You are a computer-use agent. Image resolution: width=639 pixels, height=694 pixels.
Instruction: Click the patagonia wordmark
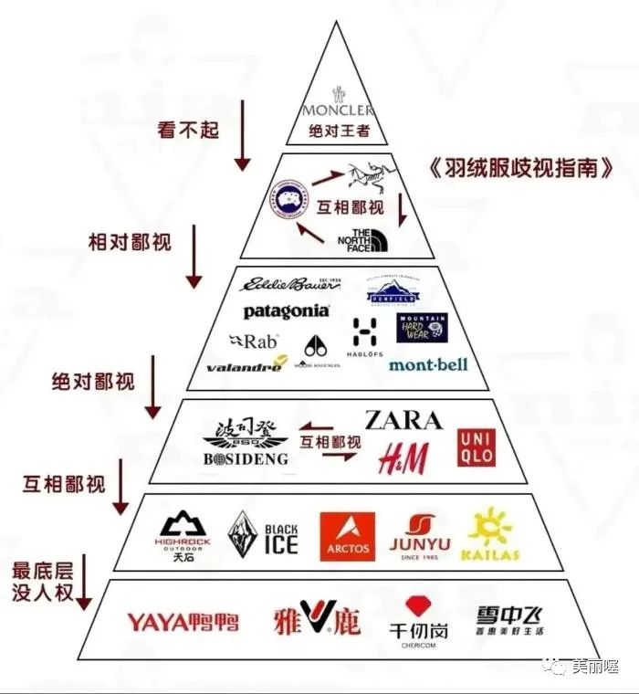[x=286, y=311]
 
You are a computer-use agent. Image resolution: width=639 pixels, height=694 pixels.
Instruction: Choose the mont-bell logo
[x=427, y=364]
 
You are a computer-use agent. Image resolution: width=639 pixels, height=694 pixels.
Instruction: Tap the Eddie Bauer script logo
[x=289, y=284]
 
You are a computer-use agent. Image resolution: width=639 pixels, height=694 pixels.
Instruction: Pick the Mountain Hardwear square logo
[x=422, y=327]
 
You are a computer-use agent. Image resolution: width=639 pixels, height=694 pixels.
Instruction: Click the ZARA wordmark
[x=403, y=421]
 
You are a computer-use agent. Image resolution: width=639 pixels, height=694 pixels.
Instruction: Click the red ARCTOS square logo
[x=347, y=536]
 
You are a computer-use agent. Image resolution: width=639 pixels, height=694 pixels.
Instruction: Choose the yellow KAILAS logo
[x=493, y=533]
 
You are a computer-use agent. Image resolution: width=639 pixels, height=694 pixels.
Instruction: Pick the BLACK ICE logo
[x=263, y=535]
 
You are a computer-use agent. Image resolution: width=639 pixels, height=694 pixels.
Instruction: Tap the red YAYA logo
[x=183, y=623]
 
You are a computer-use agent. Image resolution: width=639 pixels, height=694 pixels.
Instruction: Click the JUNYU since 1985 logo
[x=421, y=536]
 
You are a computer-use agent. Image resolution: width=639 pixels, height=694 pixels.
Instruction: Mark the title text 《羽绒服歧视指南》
[x=519, y=169]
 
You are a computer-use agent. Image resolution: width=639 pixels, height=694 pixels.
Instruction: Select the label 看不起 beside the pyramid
[x=189, y=129]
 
